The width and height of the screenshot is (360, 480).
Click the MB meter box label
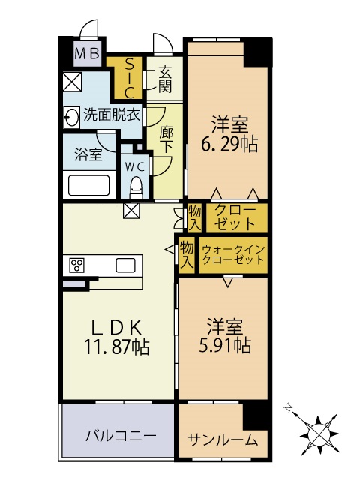[x=88, y=53]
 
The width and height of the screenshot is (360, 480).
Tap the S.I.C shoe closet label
[x=128, y=78]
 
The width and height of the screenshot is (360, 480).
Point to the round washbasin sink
[x=73, y=116]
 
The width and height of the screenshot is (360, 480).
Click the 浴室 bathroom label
[x=88, y=154]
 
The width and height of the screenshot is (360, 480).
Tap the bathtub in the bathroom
[x=89, y=184]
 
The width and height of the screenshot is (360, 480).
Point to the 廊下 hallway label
[x=166, y=137]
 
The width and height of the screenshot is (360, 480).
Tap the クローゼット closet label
[x=235, y=216]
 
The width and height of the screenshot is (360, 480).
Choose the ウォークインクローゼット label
[x=233, y=254]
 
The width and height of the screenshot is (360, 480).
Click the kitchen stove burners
[x=77, y=264]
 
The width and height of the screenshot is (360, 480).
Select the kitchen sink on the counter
[x=125, y=264]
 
